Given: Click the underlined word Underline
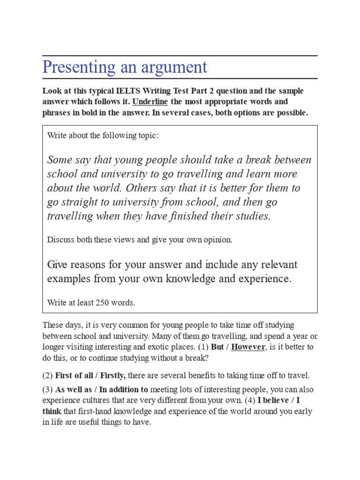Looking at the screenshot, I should click(150, 102).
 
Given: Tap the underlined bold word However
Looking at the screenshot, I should click(248, 347).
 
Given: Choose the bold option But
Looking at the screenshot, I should click(217, 347).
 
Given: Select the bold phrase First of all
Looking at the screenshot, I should click(73, 375).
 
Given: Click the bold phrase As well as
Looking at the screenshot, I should click(70, 390).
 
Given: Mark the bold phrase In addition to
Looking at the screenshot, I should click(123, 390).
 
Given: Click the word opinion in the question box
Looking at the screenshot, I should click(217, 240).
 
